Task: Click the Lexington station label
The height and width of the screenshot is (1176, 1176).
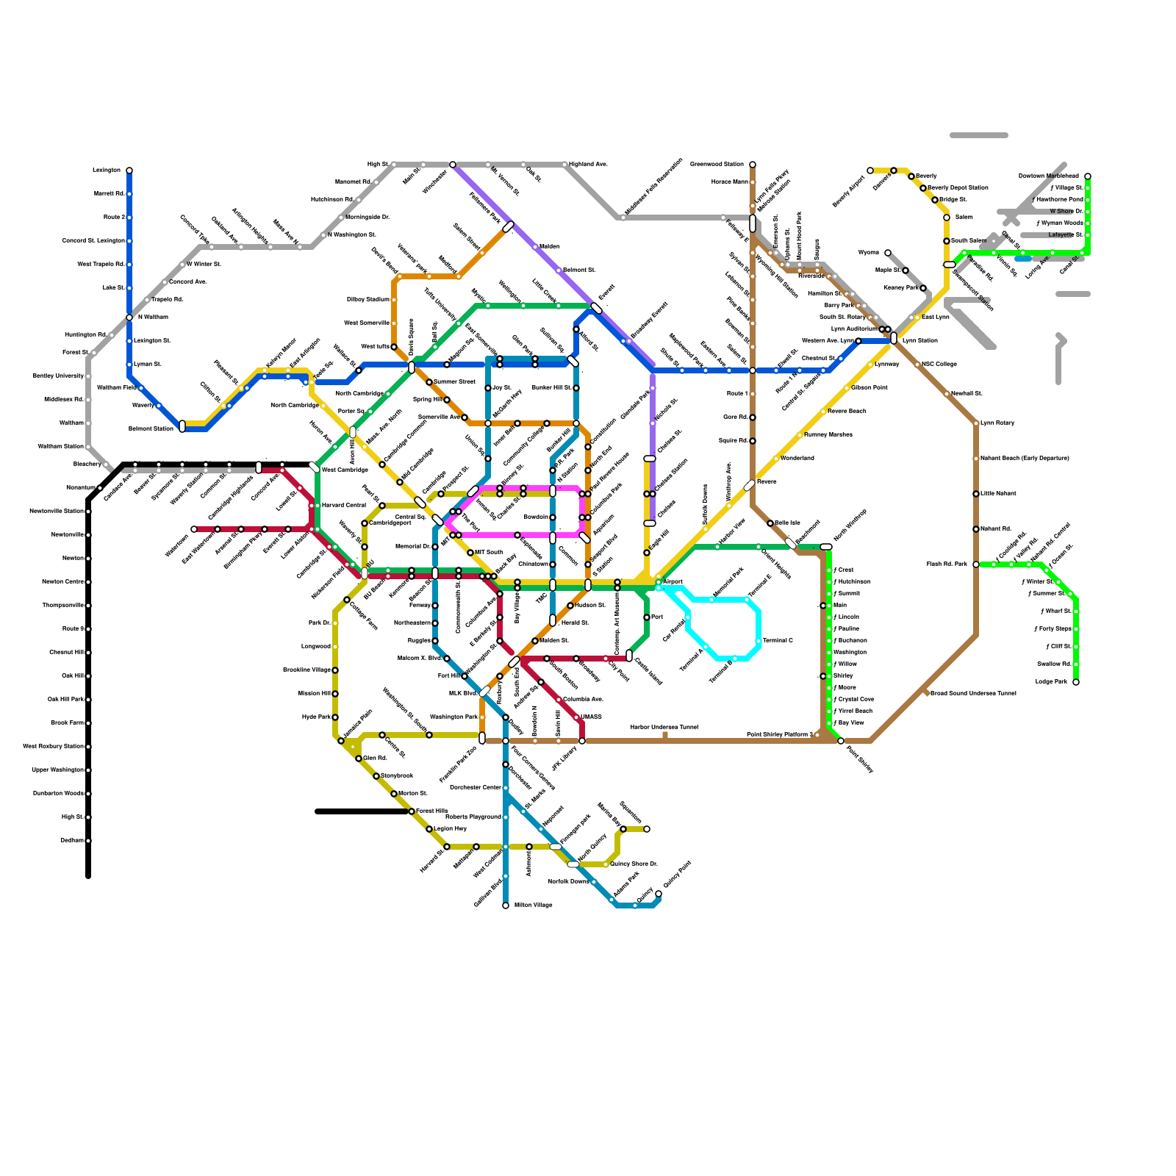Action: [x=106, y=171]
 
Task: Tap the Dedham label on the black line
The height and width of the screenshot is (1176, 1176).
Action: [x=71, y=841]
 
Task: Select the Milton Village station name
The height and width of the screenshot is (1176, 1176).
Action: [x=533, y=906]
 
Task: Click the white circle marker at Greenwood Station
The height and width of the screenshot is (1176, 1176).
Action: [x=753, y=165]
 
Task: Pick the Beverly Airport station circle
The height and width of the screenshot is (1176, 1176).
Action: [x=870, y=171]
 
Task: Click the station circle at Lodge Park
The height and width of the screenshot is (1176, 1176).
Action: [x=1076, y=682]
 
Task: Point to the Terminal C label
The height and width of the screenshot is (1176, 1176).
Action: [x=778, y=641]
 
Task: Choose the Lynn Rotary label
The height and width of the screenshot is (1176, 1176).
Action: [x=997, y=423]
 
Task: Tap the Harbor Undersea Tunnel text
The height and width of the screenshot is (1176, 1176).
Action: [x=664, y=728]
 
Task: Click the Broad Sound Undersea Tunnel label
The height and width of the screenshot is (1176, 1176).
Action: [x=973, y=694]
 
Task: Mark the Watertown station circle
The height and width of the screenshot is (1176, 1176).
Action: [x=194, y=529]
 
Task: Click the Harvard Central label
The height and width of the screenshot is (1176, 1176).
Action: [x=343, y=506]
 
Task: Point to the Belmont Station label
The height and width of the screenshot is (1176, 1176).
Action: [x=151, y=429]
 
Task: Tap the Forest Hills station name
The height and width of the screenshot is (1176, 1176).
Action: [x=431, y=811]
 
